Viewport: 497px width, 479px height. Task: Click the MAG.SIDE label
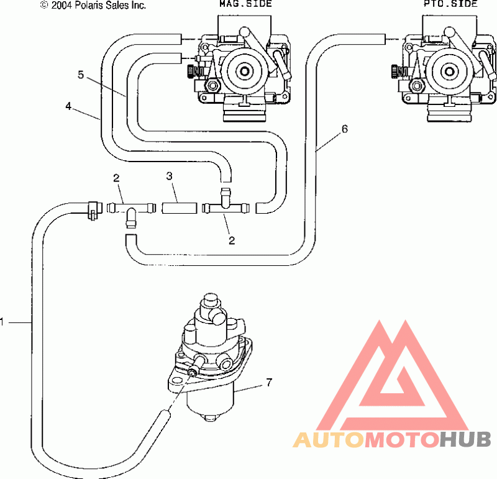tap(245, 4)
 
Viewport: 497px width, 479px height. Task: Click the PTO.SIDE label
tap(450, 4)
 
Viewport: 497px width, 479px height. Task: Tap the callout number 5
tap(81, 75)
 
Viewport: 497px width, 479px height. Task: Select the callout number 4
tap(68, 106)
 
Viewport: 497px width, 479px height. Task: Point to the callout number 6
tap(345, 129)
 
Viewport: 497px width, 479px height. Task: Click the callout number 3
tap(169, 176)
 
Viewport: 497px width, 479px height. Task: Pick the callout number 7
tap(269, 383)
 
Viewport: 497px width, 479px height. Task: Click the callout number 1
tap(2, 322)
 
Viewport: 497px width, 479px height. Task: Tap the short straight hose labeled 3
tap(180, 208)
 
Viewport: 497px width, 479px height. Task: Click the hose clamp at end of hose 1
tap(93, 210)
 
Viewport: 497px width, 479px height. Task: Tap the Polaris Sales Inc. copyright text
tap(93, 5)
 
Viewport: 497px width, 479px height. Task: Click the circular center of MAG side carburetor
tap(245, 70)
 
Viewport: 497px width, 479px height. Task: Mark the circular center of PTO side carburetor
tap(449, 71)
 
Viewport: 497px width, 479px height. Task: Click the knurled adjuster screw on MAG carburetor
tap(190, 71)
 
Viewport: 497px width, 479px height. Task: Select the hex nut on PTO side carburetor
tap(417, 85)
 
